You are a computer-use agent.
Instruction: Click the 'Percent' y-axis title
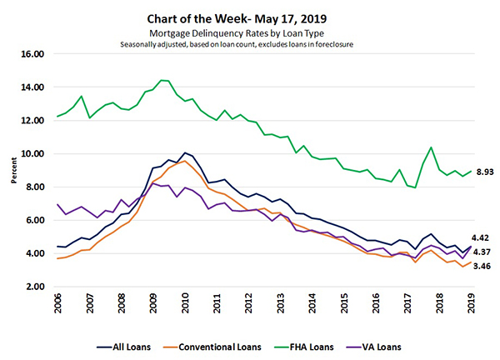coord(9,170)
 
